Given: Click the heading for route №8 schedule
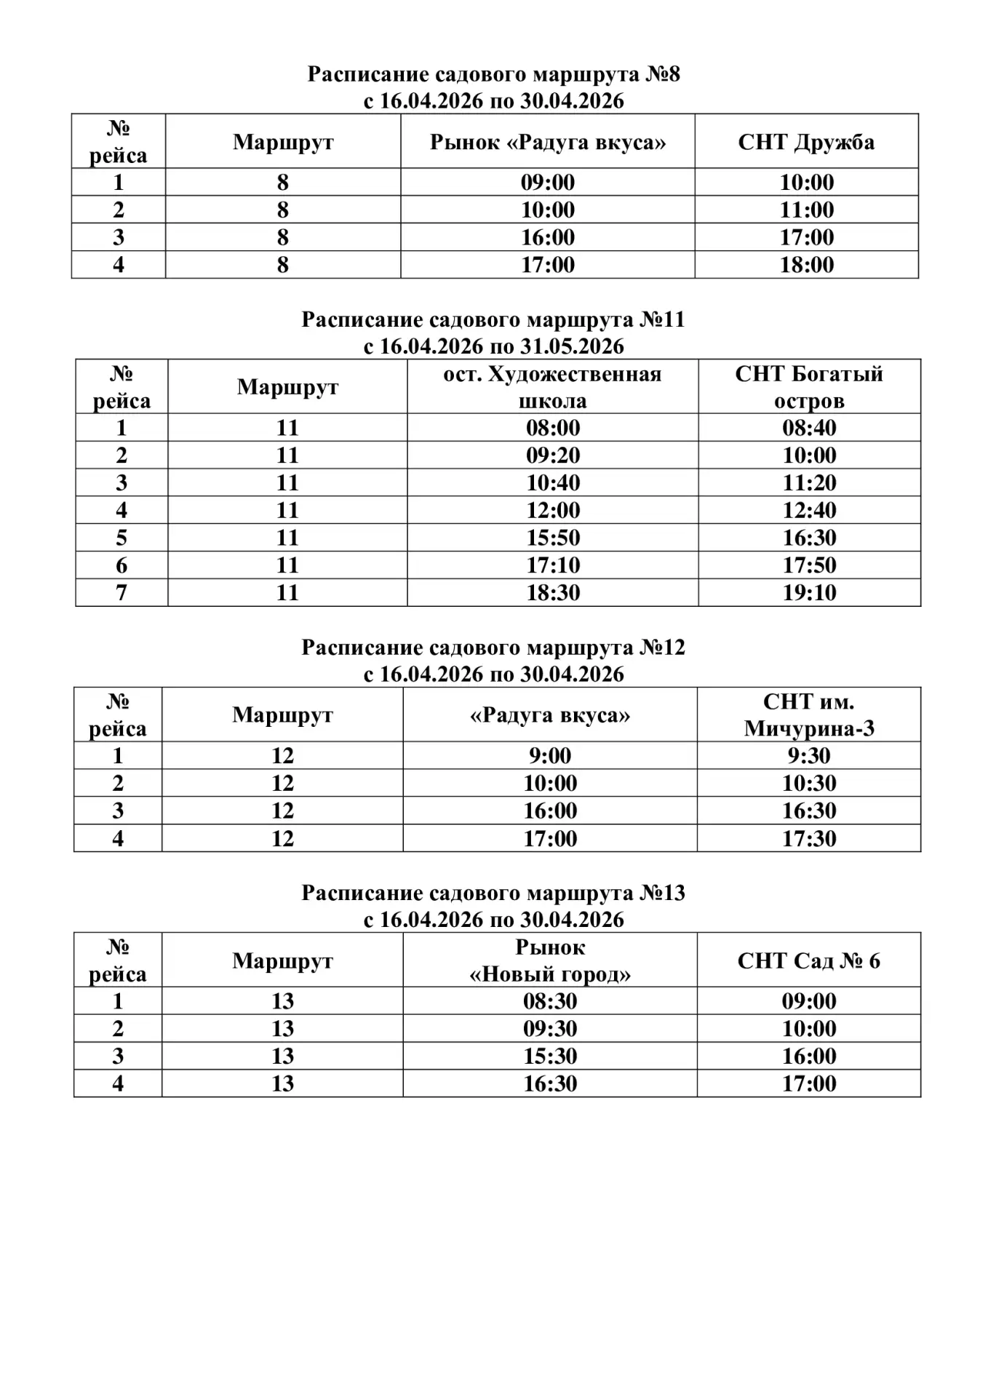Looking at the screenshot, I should click(x=493, y=74).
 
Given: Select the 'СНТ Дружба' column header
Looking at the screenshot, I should click(x=806, y=141).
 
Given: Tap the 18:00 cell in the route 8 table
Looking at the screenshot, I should click(x=806, y=265).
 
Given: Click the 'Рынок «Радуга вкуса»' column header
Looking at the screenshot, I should click(x=547, y=141).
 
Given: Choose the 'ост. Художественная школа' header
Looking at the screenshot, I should click(x=552, y=387).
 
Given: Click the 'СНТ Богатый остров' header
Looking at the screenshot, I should click(x=809, y=387).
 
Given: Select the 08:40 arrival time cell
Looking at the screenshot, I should click(x=809, y=428).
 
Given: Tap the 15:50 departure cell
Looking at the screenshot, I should click(x=552, y=538).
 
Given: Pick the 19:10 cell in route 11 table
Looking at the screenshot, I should click(x=809, y=593).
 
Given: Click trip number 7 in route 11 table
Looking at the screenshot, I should click(x=121, y=593).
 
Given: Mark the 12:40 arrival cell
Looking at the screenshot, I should click(x=809, y=510).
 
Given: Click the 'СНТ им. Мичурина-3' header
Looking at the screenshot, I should click(x=809, y=715).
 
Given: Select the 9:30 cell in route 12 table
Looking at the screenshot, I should click(x=809, y=756).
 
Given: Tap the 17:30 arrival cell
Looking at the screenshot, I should click(x=809, y=839).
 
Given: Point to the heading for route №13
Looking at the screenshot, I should click(x=493, y=893).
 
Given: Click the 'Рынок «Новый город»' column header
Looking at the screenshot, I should click(x=550, y=960).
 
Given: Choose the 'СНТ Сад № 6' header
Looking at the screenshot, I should click(x=809, y=960).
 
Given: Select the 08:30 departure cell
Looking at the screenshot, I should click(x=550, y=1001).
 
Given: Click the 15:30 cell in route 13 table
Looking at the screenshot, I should click(x=550, y=1056).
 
